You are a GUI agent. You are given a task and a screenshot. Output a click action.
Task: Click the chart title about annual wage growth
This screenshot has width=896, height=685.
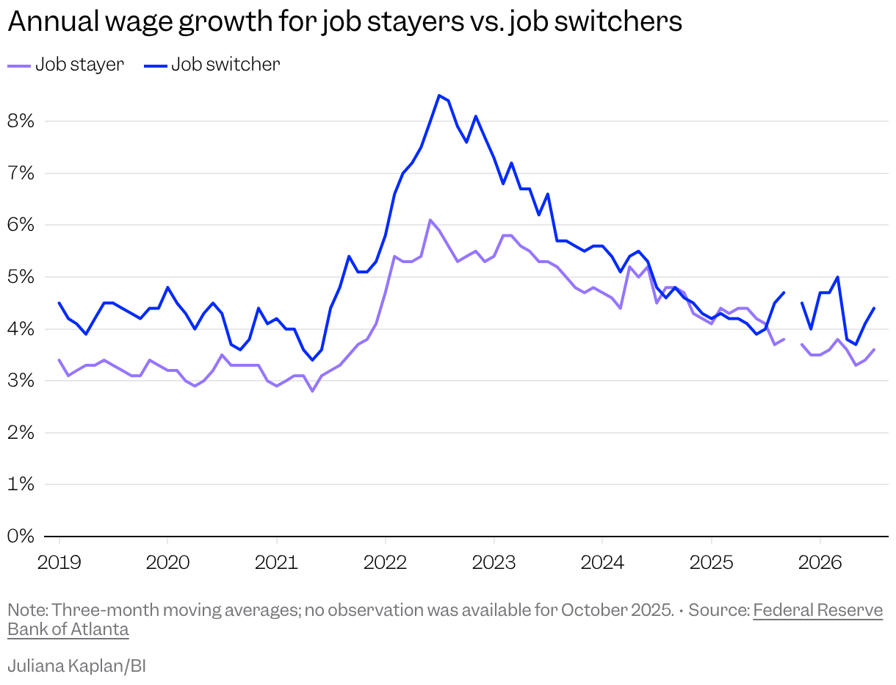[x=345, y=21]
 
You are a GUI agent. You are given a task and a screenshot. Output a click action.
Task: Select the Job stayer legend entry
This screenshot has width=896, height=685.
[x=65, y=65]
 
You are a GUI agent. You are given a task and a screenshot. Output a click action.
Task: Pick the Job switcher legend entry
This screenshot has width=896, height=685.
[x=212, y=65]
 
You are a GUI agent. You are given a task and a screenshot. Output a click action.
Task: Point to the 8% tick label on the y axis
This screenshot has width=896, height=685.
[x=21, y=121]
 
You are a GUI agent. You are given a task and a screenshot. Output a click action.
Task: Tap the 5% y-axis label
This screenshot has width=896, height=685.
[x=21, y=277]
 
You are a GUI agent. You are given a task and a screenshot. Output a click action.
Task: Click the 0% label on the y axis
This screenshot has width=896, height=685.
[x=21, y=536]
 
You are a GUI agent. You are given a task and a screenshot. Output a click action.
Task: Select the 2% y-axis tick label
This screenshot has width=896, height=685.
[x=21, y=432]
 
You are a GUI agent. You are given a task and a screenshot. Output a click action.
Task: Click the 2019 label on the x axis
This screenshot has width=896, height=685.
[x=59, y=562]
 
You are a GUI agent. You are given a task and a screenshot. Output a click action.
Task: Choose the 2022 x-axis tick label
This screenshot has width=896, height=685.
[x=385, y=562]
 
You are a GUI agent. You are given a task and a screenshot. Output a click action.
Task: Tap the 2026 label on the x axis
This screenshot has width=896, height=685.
[x=820, y=562]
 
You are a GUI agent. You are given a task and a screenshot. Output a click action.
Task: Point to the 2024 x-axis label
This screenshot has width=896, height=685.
[x=602, y=562]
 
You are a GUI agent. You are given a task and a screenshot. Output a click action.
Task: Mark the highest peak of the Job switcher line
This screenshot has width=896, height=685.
[x=438, y=96]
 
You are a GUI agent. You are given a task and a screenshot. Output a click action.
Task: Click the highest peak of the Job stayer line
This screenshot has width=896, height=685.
[x=430, y=220]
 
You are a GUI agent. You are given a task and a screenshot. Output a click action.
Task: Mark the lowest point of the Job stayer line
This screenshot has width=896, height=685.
[x=312, y=391]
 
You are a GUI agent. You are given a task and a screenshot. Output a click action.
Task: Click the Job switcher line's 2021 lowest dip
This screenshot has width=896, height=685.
[x=312, y=360]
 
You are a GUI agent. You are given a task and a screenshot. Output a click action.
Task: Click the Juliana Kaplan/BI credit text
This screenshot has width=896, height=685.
[x=76, y=666]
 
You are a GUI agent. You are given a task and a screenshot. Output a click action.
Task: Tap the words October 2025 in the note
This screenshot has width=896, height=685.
[x=616, y=610]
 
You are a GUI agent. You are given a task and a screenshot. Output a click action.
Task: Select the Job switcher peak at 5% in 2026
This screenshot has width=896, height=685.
[x=838, y=277]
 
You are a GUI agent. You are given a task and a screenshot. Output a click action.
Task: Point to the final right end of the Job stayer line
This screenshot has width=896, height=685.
[x=873, y=350]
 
